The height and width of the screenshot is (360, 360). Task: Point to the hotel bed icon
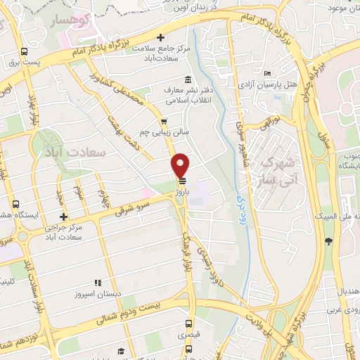pyautogui.click(x=268, y=74)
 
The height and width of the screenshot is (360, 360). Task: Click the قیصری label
pyautogui.click(x=188, y=336)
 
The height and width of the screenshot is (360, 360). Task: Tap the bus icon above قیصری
pyautogui.click(x=188, y=324)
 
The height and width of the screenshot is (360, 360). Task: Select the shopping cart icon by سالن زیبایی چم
pyautogui.click(x=164, y=121)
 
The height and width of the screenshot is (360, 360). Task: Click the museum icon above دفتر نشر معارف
pyautogui.click(x=187, y=79)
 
